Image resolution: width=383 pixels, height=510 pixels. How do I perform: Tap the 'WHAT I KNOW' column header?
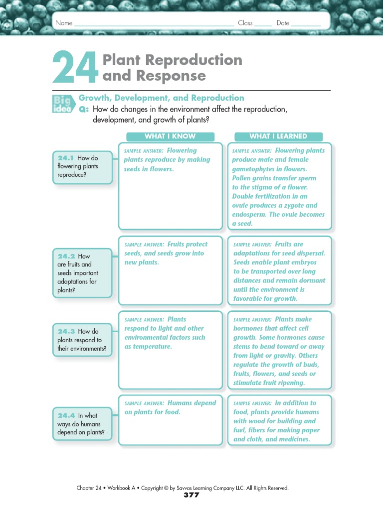170,136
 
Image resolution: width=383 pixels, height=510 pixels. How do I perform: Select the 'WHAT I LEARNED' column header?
278,136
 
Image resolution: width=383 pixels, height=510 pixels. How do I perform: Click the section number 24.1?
66,158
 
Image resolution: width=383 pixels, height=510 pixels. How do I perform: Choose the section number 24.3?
66,331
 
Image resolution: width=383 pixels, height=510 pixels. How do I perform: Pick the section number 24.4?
66,415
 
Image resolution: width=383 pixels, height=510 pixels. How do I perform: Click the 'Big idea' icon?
62,103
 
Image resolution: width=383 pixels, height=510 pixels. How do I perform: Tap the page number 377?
191,495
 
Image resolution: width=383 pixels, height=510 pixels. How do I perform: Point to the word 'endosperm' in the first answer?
248,215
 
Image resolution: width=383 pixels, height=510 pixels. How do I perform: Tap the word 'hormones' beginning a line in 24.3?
249,329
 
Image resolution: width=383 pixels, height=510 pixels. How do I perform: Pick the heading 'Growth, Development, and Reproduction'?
162,98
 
